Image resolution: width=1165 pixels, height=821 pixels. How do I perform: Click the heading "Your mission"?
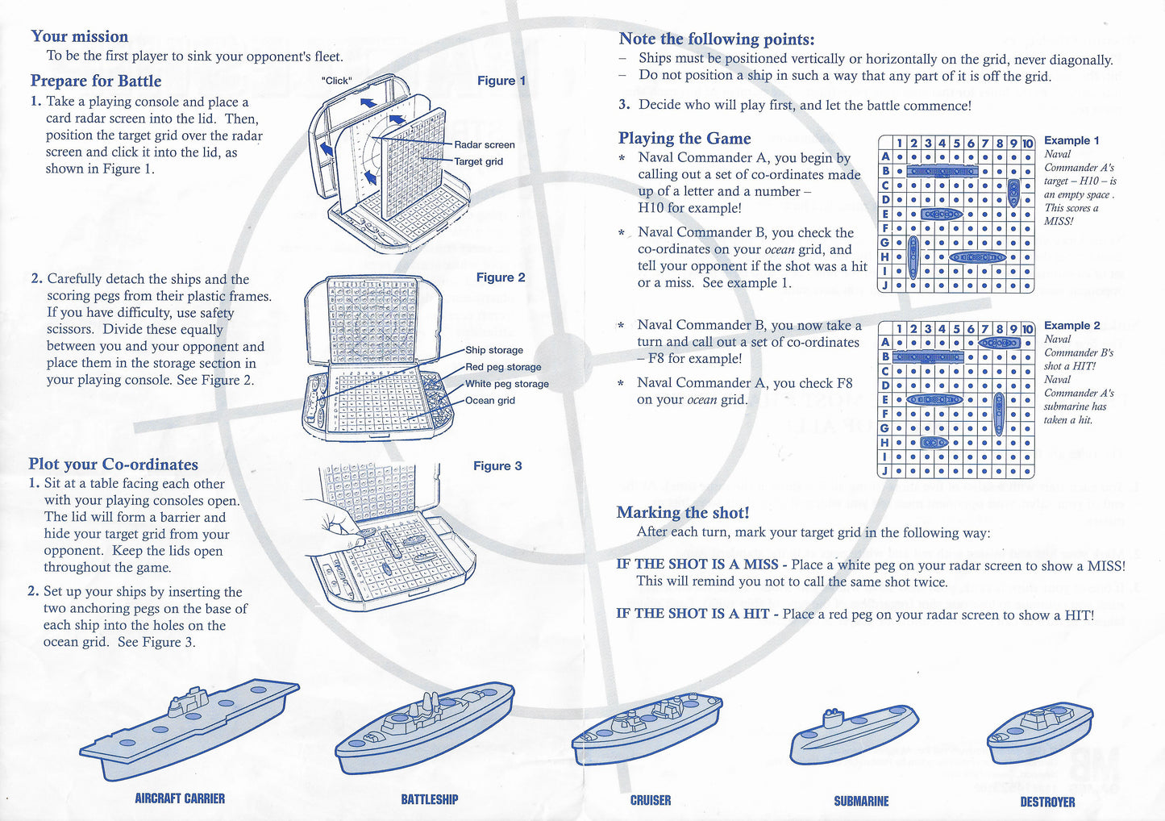(x=79, y=36)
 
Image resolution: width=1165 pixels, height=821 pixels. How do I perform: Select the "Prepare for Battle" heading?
(x=95, y=81)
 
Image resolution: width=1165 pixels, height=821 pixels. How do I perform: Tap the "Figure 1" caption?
(x=501, y=81)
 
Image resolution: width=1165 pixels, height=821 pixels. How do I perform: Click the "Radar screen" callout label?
(x=484, y=145)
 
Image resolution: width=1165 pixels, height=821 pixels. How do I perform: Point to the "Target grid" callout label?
(x=478, y=161)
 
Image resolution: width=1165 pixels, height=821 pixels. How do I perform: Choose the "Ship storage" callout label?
(x=493, y=350)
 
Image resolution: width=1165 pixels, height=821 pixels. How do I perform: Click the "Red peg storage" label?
(x=502, y=367)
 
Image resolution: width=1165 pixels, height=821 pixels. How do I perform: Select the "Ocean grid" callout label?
(x=489, y=401)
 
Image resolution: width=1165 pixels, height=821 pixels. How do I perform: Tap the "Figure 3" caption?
(x=497, y=466)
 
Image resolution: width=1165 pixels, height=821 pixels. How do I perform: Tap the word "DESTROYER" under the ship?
(x=1047, y=802)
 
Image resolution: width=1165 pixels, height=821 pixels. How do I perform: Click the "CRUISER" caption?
(x=650, y=801)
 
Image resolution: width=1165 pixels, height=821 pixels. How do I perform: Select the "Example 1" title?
(x=1071, y=140)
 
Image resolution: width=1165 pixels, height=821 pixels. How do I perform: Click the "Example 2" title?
(x=1071, y=326)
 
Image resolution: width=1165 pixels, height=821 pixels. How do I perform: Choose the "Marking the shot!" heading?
(x=682, y=513)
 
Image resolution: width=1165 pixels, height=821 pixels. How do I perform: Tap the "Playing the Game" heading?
(x=684, y=139)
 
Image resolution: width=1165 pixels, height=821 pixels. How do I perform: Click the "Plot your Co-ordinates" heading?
(x=113, y=465)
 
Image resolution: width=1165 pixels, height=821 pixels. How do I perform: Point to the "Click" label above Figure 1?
(x=336, y=81)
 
